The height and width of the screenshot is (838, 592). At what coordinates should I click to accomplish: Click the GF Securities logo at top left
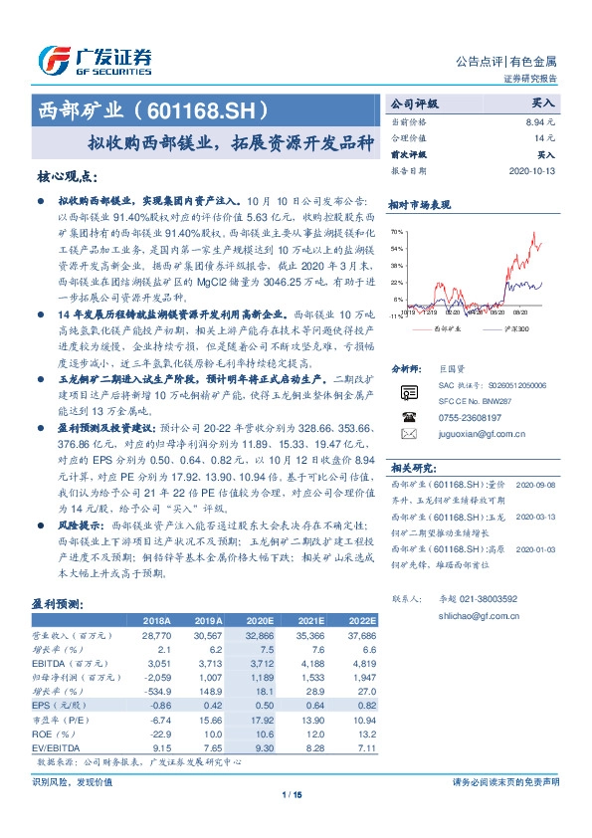pos(95,62)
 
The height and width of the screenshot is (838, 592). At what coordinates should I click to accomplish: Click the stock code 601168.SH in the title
pos(210,105)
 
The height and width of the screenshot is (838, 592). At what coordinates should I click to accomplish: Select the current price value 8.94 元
pos(538,120)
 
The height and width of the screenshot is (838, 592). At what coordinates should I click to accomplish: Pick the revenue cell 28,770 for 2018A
pos(157,632)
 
